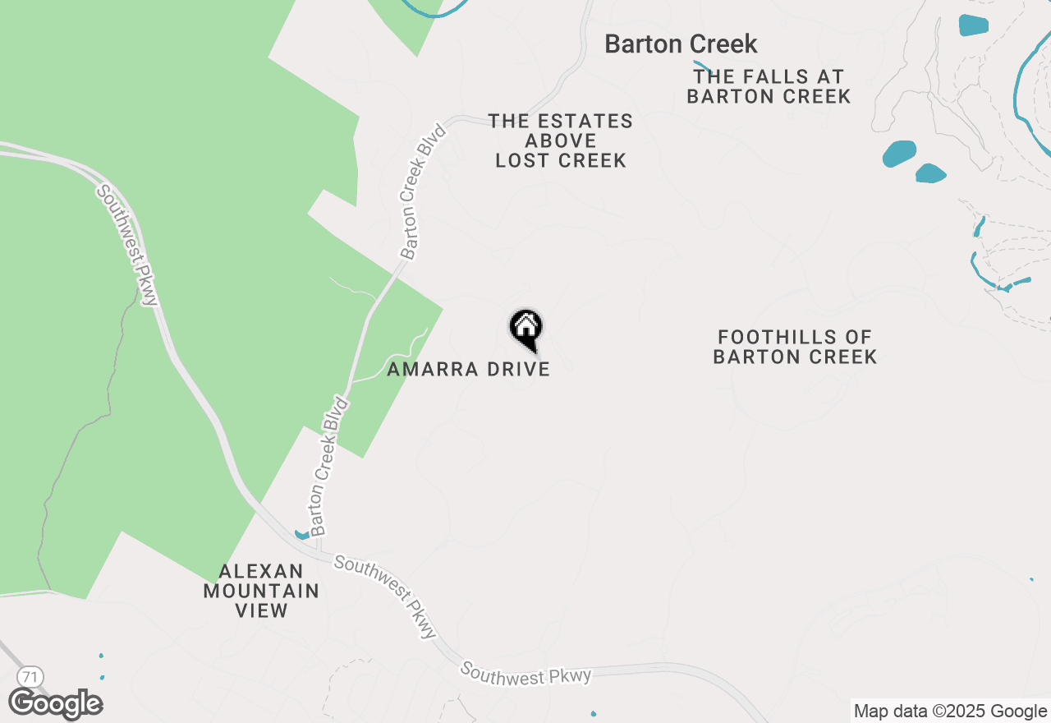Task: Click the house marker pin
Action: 525,329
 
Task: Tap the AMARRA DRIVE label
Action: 468,369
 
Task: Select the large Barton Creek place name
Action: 681,44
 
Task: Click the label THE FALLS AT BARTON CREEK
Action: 769,86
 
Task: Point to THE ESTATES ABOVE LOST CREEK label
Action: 561,140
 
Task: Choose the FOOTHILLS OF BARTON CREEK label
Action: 795,347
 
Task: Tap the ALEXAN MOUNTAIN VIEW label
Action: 261,591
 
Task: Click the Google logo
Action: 56,704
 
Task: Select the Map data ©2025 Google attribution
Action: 950,711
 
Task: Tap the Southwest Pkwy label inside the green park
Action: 127,245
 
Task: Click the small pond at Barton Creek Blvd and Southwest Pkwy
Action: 301,535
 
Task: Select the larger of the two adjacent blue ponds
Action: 899,154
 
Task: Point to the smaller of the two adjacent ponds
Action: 930,173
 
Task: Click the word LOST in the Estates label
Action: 521,160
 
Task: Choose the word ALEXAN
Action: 250,571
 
